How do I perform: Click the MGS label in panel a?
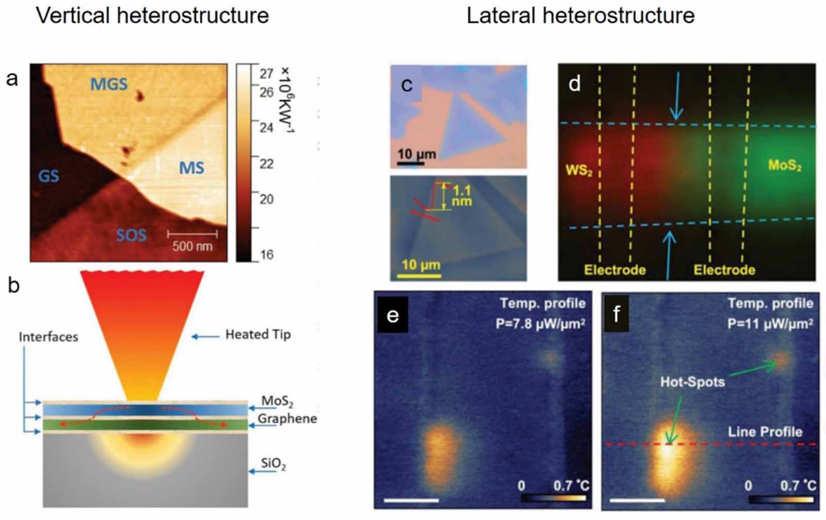[108, 84]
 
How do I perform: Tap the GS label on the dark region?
[49, 176]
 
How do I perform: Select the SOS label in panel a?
[131, 235]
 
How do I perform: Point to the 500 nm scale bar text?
[192, 246]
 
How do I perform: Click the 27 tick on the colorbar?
[266, 74]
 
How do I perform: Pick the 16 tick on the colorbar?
[266, 255]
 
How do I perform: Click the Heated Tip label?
[258, 335]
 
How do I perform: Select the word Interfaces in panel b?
[49, 337]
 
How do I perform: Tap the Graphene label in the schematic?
[287, 418]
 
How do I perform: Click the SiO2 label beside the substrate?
[273, 463]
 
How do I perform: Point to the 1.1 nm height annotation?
[462, 196]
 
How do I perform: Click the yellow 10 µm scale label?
[421, 265]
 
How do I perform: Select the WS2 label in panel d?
[579, 170]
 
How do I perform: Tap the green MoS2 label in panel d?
[785, 165]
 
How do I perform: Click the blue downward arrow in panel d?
[676, 96]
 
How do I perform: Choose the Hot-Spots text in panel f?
[692, 382]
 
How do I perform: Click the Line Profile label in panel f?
[765, 432]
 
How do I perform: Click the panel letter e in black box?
[393, 314]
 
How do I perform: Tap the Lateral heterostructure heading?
[580, 15]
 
